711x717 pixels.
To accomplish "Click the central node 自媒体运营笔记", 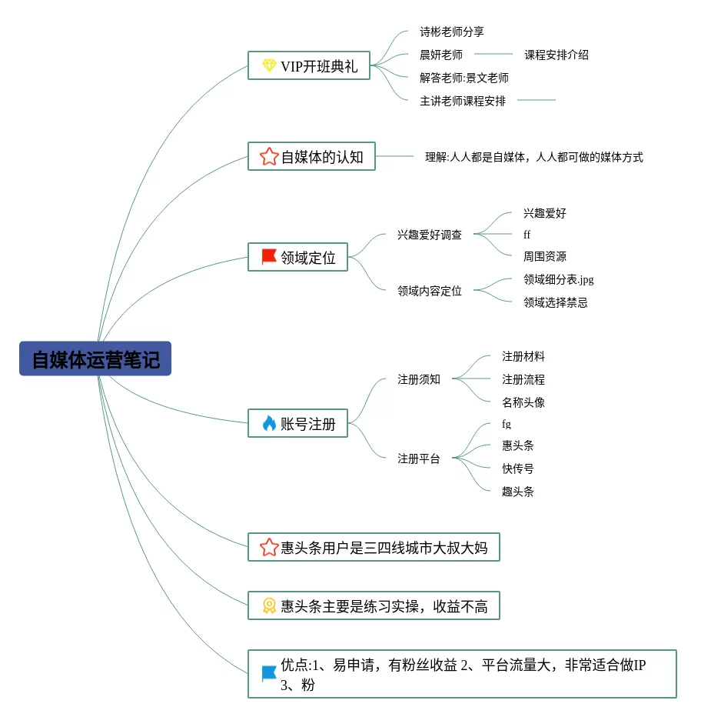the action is (x=95, y=359).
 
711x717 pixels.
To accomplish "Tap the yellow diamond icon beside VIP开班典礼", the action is (x=269, y=65).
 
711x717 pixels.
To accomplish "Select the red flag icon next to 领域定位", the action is (x=269, y=257).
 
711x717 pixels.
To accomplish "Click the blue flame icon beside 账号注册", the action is (x=269, y=423).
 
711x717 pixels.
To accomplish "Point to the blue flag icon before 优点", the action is (x=269, y=674).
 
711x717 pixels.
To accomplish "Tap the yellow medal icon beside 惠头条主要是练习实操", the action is (x=269, y=606).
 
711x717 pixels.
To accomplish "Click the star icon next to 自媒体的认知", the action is (x=269, y=157).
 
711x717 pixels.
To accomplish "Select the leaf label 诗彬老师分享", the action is (x=452, y=32).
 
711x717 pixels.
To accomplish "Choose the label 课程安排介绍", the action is (x=557, y=55).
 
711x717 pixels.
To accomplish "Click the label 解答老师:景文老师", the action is (x=464, y=78).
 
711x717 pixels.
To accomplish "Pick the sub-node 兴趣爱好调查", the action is (x=430, y=235).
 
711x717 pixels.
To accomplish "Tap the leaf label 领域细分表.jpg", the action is (x=558, y=279).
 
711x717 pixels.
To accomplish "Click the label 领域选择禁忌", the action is (x=555, y=302).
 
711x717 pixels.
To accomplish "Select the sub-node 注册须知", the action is (x=419, y=379).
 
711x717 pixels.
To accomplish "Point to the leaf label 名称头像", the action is (x=523, y=402).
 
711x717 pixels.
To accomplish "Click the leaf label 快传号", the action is (x=518, y=469).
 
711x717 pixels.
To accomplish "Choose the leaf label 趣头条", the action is (x=518, y=492).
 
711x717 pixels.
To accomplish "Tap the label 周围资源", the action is (x=544, y=256).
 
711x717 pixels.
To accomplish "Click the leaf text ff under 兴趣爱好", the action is (x=527, y=235).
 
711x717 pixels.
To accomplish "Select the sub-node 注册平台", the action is (x=419, y=459).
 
